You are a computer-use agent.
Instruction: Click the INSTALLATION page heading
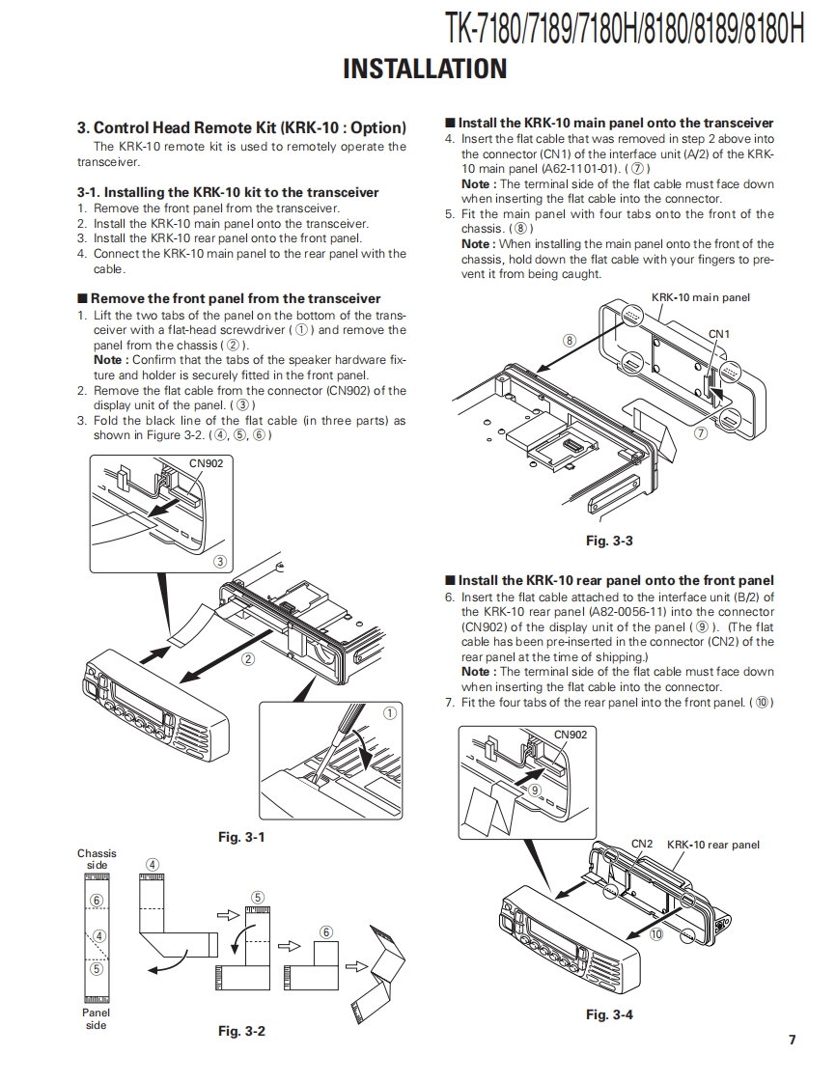[x=425, y=69]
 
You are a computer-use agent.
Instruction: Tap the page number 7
[x=792, y=1040]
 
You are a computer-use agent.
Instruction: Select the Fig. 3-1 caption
[x=241, y=837]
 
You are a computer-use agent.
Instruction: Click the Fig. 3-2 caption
[x=241, y=1032]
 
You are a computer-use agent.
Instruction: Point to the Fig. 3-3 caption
[x=609, y=541]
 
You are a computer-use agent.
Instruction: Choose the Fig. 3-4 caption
[x=609, y=1014]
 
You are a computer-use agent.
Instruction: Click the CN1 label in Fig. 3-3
[x=719, y=333]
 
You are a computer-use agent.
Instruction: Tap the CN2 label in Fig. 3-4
[x=642, y=844]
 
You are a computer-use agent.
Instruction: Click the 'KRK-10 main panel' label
[x=701, y=297]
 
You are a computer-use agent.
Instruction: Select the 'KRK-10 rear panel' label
[x=713, y=845]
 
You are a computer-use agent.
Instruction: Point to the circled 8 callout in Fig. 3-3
[x=570, y=341]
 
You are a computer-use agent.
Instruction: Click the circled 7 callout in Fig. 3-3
[x=701, y=433]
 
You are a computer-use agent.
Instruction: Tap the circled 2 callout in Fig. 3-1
[x=248, y=660]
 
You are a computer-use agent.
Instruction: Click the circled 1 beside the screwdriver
[x=390, y=714]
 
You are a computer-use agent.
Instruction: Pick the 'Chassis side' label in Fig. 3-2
[x=97, y=859]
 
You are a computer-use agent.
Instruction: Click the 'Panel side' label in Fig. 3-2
[x=97, y=1018]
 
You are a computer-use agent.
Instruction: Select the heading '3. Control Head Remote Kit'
[x=241, y=127]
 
